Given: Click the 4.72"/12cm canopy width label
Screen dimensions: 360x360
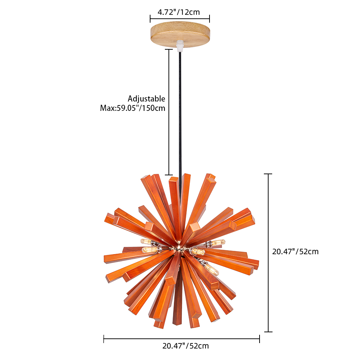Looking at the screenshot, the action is [179, 12].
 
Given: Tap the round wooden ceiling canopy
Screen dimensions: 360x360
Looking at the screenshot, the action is [180, 35].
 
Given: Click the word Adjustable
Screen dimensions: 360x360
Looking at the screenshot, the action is [147, 99].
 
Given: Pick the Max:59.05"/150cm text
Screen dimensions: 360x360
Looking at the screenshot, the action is [133, 108].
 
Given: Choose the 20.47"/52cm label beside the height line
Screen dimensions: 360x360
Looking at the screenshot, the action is [295, 252].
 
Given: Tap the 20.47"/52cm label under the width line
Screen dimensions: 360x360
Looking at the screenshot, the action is [185, 346].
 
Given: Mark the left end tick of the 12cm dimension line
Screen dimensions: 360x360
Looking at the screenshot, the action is [150, 19].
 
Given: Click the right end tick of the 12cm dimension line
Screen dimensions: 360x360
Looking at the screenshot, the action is [210, 19].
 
